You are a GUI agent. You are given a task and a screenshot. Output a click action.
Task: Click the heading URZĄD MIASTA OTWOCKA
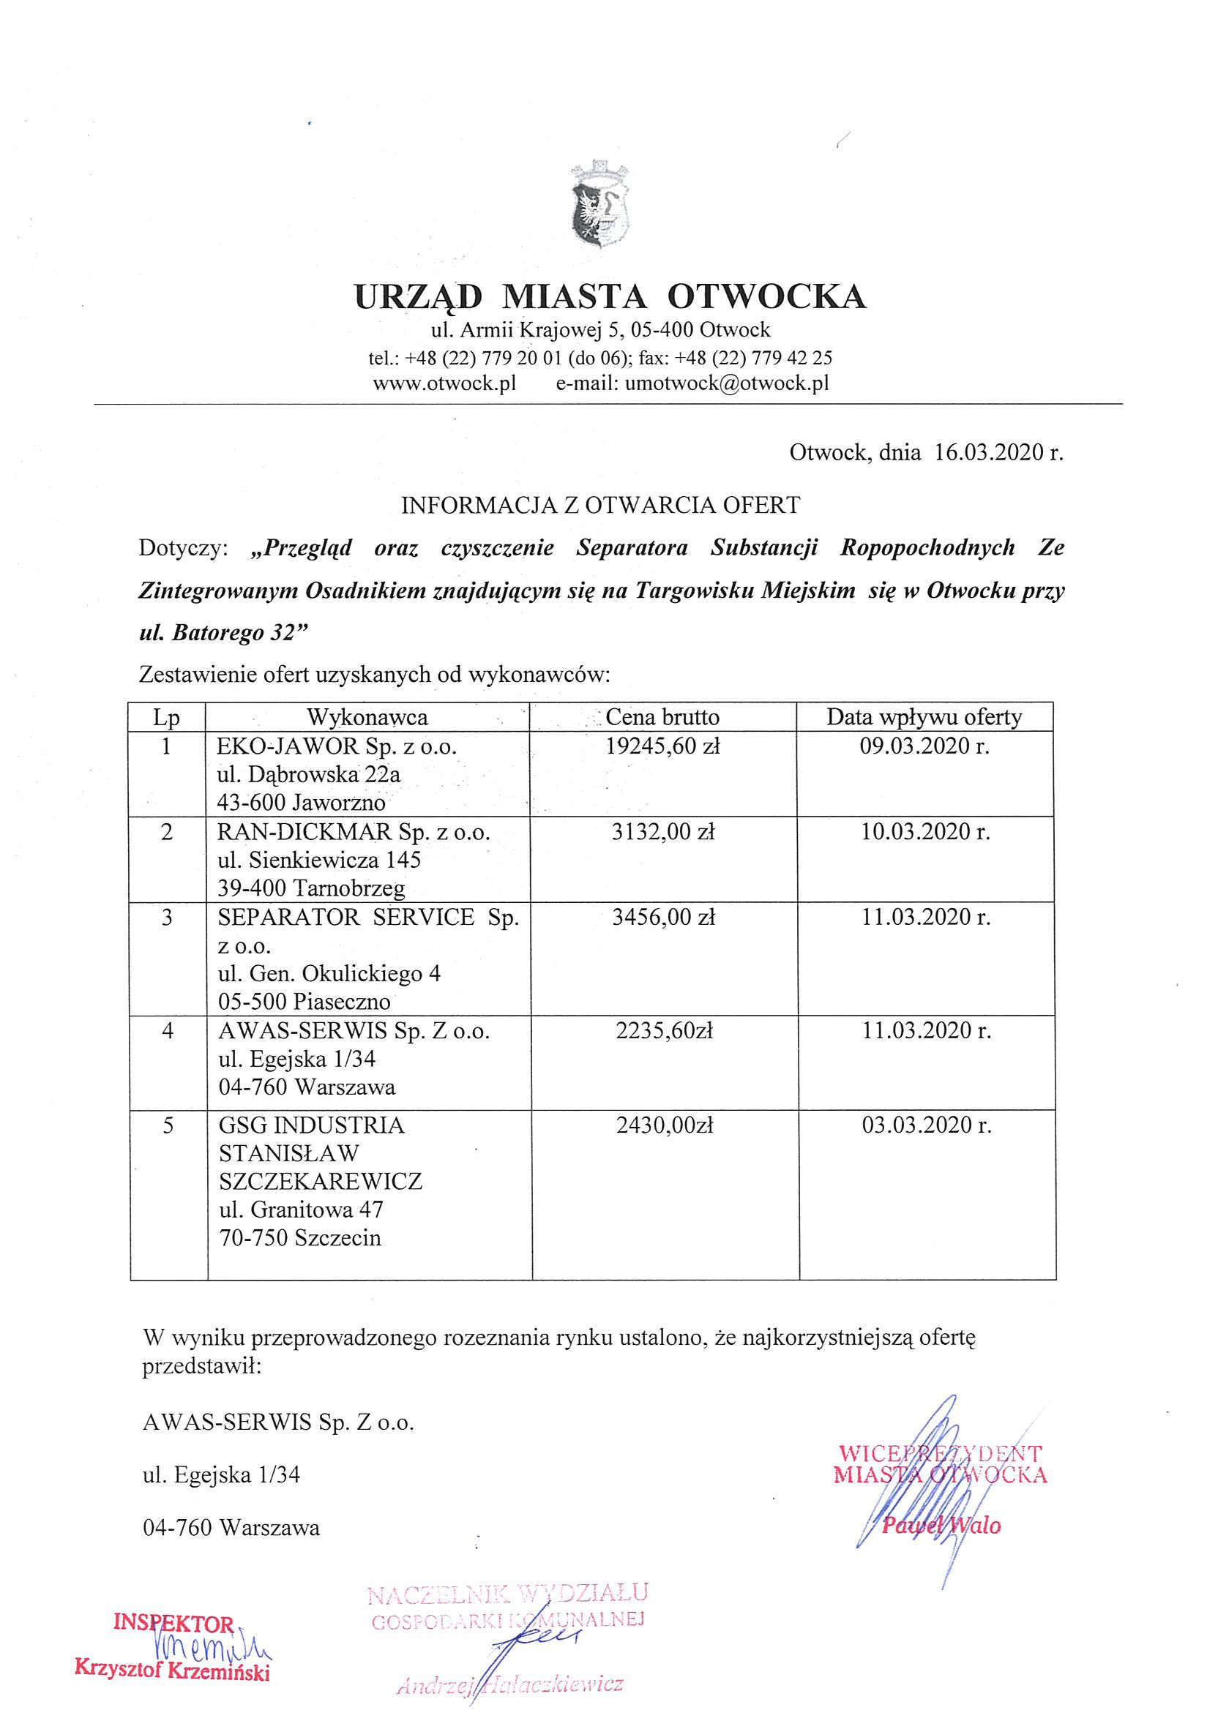coord(610,296)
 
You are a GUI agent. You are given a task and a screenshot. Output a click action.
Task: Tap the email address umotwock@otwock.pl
coord(727,383)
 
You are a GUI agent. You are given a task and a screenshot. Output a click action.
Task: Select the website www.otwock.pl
coord(444,383)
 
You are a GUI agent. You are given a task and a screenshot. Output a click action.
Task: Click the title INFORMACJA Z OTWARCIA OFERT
coord(601,505)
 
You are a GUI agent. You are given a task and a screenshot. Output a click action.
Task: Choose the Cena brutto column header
coord(662,717)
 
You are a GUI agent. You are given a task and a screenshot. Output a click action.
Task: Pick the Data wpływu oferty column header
coord(924,717)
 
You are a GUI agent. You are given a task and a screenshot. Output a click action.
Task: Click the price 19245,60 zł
coord(663,746)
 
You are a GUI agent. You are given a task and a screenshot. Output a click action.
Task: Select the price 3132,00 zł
coord(663,831)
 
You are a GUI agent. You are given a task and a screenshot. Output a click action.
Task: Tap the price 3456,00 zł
coord(663,917)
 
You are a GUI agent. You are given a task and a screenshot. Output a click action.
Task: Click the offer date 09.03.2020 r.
coord(924,746)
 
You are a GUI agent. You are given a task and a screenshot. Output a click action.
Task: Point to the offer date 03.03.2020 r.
coord(926,1125)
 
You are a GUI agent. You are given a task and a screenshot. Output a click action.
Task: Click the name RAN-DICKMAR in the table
coord(304,832)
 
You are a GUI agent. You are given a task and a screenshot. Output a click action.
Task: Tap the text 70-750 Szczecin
coord(300,1237)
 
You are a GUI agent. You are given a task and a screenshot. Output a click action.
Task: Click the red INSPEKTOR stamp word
coord(173,1624)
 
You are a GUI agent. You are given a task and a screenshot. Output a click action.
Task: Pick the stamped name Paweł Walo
coord(941,1525)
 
